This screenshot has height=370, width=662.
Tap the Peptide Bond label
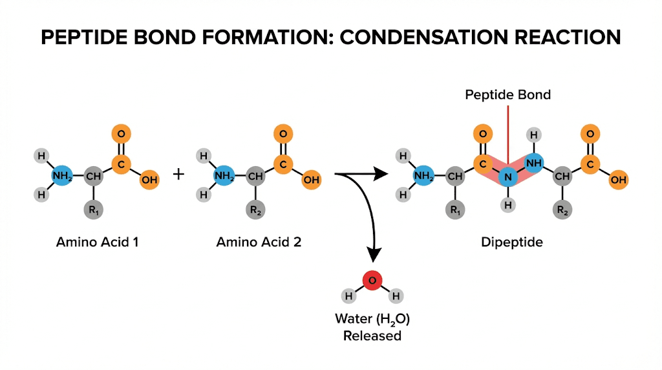coord(507,95)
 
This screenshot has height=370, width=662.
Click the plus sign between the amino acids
coord(179,174)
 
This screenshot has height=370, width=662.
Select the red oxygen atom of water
coord(372,280)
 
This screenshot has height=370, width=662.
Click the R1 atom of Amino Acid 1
coord(94,210)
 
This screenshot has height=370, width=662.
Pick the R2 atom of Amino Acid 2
coord(255,210)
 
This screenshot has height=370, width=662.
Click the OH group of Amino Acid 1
coord(149,180)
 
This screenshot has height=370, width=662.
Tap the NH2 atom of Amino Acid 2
coord(224,175)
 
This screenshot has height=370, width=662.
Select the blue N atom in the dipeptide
coord(509,175)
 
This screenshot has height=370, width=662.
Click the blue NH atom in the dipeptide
coord(533,164)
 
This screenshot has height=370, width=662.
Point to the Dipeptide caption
coord(507,243)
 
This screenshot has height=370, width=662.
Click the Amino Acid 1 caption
coord(97,243)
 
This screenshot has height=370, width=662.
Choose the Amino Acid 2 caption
coord(259,243)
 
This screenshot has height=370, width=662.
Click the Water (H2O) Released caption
coord(372,327)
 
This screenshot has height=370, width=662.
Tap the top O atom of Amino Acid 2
coord(282,135)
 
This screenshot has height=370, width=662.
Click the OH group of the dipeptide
coord(618,180)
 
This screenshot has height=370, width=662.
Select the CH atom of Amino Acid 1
coord(94,175)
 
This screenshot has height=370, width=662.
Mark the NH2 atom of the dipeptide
coord(423,175)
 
